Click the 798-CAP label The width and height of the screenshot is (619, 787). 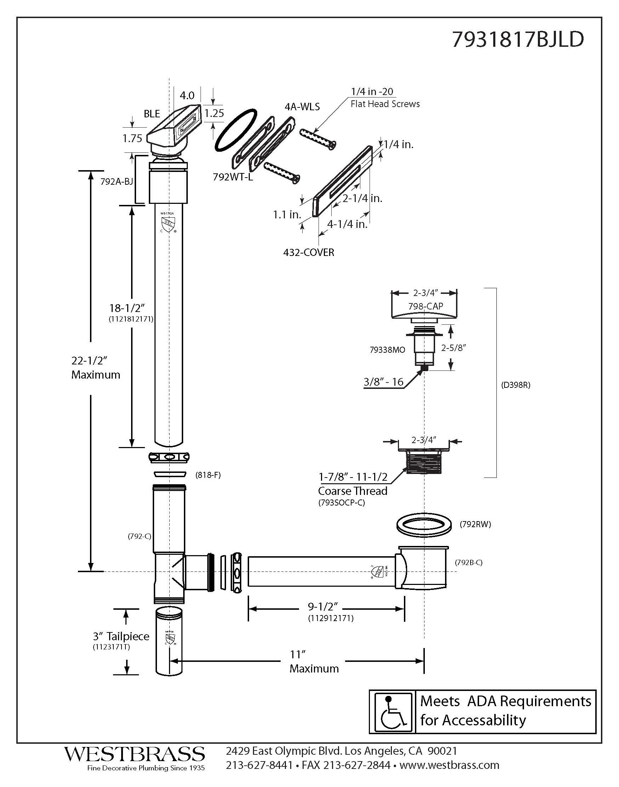click(x=426, y=306)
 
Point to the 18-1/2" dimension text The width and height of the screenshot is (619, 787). click(x=127, y=308)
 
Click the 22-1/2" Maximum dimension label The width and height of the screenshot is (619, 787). click(x=96, y=368)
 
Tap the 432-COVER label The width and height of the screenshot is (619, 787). click(x=308, y=253)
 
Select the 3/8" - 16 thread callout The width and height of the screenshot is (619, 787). click(x=383, y=382)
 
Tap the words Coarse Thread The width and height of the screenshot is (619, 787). click(x=352, y=491)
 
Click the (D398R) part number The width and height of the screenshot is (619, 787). click(x=516, y=385)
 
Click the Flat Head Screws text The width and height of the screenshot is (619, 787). click(x=385, y=104)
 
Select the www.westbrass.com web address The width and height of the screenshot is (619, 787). click(x=449, y=765)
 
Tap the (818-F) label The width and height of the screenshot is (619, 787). click(x=208, y=475)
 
